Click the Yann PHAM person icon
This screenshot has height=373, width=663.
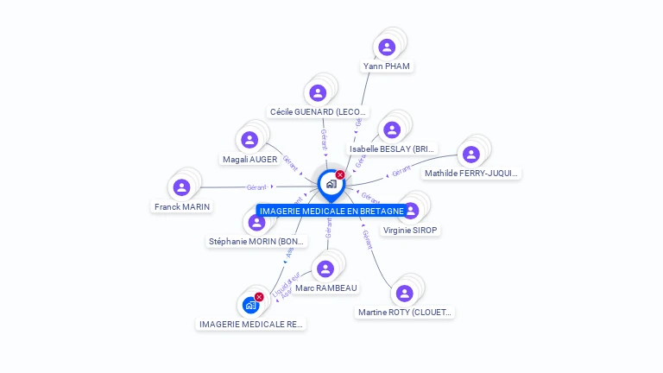(387, 47)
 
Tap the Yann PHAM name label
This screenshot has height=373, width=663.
(387, 66)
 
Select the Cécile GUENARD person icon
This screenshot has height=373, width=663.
(318, 92)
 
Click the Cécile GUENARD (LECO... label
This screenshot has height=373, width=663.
(318, 112)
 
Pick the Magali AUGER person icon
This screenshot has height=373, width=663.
(249, 140)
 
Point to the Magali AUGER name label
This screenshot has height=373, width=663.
(249, 160)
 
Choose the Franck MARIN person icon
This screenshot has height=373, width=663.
(181, 187)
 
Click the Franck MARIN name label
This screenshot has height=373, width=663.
(182, 207)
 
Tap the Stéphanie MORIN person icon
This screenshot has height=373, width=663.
(256, 222)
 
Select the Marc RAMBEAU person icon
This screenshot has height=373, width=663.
(325, 269)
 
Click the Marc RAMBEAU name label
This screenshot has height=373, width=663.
(325, 288)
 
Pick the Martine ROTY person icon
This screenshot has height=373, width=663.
(404, 293)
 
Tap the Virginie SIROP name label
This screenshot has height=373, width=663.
(410, 231)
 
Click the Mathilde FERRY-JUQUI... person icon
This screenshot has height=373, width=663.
(470, 154)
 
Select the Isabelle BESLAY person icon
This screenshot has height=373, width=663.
(392, 130)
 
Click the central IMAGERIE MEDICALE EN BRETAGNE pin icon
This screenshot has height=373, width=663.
(331, 184)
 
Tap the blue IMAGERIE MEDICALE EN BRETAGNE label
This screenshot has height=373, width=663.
(331, 212)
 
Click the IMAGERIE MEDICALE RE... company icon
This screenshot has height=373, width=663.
(250, 305)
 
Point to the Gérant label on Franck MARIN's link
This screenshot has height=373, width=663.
(256, 187)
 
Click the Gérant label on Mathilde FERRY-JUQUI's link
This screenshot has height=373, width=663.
(401, 171)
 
